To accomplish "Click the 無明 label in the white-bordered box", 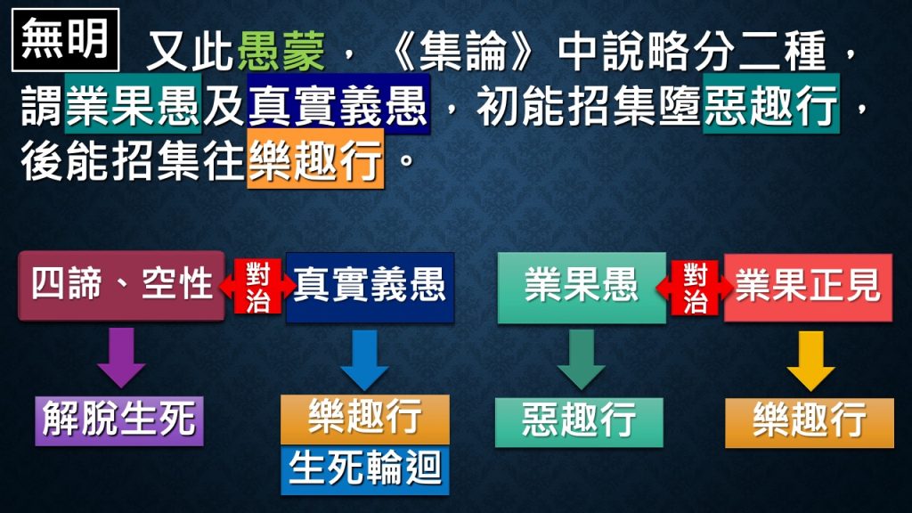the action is (65, 39).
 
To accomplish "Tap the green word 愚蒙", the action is (281, 51).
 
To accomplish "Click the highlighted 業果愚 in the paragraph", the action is (134, 104).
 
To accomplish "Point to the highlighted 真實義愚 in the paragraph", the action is (338, 104).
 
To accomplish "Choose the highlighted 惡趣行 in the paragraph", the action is (770, 104).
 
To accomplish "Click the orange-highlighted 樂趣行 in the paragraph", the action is (315, 159).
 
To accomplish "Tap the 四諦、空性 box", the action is (121, 286).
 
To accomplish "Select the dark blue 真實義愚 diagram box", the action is (370, 288).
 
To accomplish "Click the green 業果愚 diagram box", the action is (582, 288).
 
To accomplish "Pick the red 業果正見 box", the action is (808, 288).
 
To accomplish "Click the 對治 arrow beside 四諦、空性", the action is (257, 286).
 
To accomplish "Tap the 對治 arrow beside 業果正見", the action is (695, 288).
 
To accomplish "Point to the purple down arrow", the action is (121, 357).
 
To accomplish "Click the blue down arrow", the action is (364, 360).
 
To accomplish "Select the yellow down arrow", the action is (810, 361).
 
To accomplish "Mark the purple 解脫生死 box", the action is (119, 421).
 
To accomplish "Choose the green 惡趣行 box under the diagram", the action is (579, 422).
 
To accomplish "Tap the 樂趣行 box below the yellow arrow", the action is (810, 423).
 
